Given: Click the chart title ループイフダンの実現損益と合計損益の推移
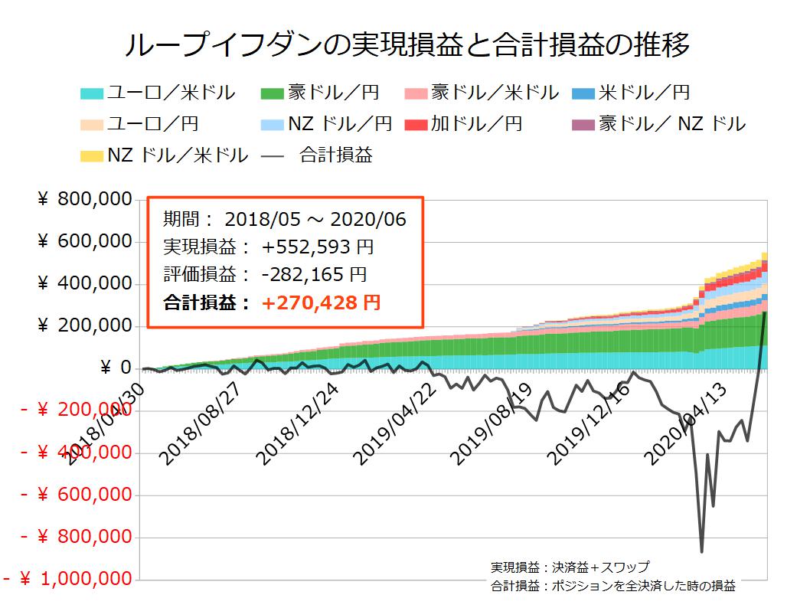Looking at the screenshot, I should coord(406,44).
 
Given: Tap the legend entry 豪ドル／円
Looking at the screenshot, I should coord(321,93).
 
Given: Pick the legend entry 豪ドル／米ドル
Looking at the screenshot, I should coord(482,93).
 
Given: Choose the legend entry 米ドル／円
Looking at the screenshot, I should coord(631,93).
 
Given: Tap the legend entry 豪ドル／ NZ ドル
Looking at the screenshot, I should coord(658,124).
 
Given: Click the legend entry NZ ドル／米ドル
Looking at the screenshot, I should coord(164,155).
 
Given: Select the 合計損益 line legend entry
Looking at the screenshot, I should coord(318,155).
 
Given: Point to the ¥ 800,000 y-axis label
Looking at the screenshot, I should coord(83,201).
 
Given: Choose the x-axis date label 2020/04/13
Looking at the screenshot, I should coord(689,425).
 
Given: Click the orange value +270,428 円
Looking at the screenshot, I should coord(321,303).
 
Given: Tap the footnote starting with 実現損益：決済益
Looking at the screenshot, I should coord(570,568).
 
